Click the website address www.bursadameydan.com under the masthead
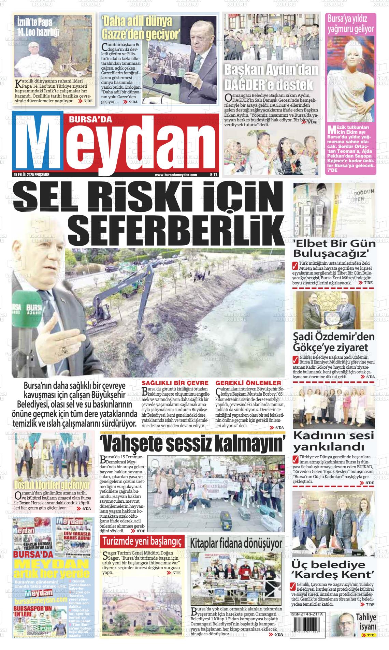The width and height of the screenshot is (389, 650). tap(176, 175)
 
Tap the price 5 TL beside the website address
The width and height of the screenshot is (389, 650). tap(214, 175)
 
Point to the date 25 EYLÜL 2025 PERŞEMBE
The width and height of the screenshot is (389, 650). tap(32, 175)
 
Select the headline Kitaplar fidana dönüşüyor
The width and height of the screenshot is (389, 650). tap(236, 543)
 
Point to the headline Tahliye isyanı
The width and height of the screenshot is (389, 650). tap(366, 622)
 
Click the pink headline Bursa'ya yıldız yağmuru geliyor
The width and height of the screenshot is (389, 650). tap(350, 24)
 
